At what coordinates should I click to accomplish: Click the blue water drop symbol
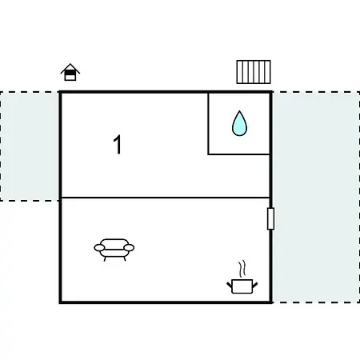[x=239, y=124]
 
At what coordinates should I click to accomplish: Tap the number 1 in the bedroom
[x=118, y=144]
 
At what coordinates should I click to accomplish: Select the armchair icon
[x=114, y=250]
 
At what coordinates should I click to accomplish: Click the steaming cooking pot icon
[x=242, y=278]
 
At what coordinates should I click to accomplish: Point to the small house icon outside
[x=70, y=72]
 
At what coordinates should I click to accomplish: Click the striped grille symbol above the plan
[x=254, y=72]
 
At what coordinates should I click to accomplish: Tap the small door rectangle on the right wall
[x=270, y=218]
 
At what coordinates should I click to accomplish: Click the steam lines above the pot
[x=242, y=269]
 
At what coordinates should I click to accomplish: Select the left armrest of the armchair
[x=99, y=248]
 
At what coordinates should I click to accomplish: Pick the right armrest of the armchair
[x=129, y=248]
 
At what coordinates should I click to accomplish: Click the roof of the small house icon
[x=70, y=68]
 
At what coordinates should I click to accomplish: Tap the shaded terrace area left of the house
[x=30, y=146]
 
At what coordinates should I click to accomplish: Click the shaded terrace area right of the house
[x=316, y=198]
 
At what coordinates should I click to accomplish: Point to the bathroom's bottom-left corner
[x=208, y=154]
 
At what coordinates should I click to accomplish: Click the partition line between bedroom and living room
[x=166, y=198]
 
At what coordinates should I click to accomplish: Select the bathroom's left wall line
[x=208, y=123]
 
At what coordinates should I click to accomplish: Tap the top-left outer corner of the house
[x=60, y=92]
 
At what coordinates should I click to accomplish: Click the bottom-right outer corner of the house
[x=271, y=302]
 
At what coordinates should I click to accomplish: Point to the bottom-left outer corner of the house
[x=60, y=302]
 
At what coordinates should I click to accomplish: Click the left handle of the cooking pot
[x=230, y=285]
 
